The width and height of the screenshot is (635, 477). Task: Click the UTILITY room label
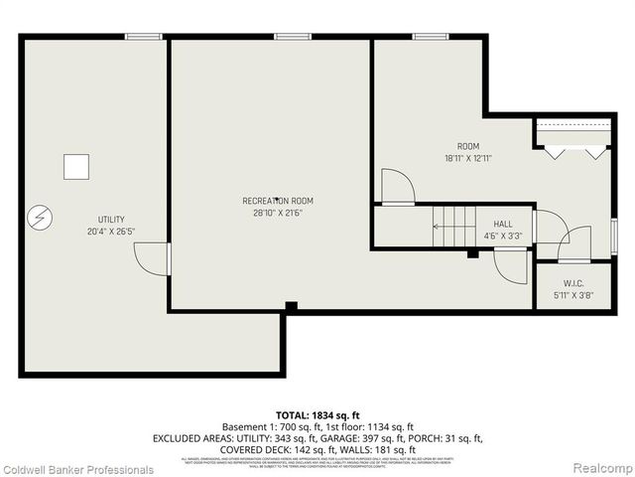111,219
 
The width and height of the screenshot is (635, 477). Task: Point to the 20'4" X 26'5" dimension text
111,232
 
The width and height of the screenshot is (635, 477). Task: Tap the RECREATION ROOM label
277,201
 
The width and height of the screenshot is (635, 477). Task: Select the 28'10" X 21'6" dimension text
277,213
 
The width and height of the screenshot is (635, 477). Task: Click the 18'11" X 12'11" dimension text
468,158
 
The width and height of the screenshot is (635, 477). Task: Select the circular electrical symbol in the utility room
38,216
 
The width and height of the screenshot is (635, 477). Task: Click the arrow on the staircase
438,227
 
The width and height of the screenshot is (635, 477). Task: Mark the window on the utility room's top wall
144,37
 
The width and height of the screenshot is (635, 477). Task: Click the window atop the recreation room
293,37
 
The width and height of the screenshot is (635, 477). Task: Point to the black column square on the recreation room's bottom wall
290,306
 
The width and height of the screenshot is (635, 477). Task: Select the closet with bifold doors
572,136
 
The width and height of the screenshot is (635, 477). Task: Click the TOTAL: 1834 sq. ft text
317,414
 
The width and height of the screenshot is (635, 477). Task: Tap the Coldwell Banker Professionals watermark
77,469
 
